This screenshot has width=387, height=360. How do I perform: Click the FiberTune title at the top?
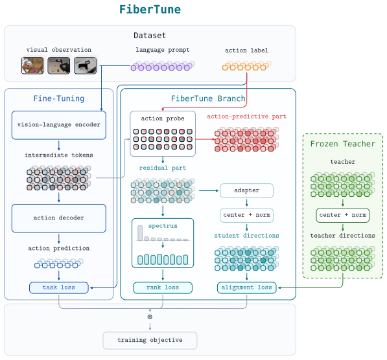(150, 9)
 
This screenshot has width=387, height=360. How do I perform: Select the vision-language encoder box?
(59, 125)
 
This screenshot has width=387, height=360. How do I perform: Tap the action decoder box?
(59, 218)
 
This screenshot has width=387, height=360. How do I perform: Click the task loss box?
(59, 287)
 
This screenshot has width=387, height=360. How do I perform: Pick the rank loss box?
(163, 287)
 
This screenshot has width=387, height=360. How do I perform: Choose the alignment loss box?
(246, 287)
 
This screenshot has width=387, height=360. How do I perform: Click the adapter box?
(246, 190)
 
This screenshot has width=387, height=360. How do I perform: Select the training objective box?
(150, 341)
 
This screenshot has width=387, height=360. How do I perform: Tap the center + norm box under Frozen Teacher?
(342, 215)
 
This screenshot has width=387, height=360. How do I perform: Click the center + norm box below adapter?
(246, 215)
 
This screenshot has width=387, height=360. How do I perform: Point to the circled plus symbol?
(150, 317)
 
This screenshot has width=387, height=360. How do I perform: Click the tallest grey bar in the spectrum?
(140, 232)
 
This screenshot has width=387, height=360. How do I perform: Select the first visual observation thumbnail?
(32, 65)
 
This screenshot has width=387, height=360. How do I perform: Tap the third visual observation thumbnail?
(85, 65)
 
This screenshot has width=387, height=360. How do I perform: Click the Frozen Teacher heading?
(342, 144)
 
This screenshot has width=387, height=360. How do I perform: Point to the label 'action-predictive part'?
(246, 117)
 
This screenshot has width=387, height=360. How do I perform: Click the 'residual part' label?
(163, 168)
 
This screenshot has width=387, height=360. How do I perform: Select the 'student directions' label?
(246, 236)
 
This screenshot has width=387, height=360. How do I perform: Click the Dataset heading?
(150, 36)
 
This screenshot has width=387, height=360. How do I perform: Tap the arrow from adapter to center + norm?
(246, 203)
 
